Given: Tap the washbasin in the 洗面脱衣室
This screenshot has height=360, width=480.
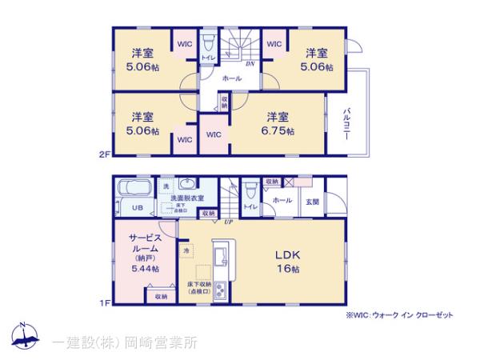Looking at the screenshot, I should [186, 183].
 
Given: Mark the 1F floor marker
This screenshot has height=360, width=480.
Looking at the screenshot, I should [103, 302].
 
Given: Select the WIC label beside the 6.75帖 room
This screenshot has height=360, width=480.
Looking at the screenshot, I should [214, 134].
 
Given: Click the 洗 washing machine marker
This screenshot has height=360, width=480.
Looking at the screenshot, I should [166, 186].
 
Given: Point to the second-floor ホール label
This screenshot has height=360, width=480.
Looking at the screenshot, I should [231, 78].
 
